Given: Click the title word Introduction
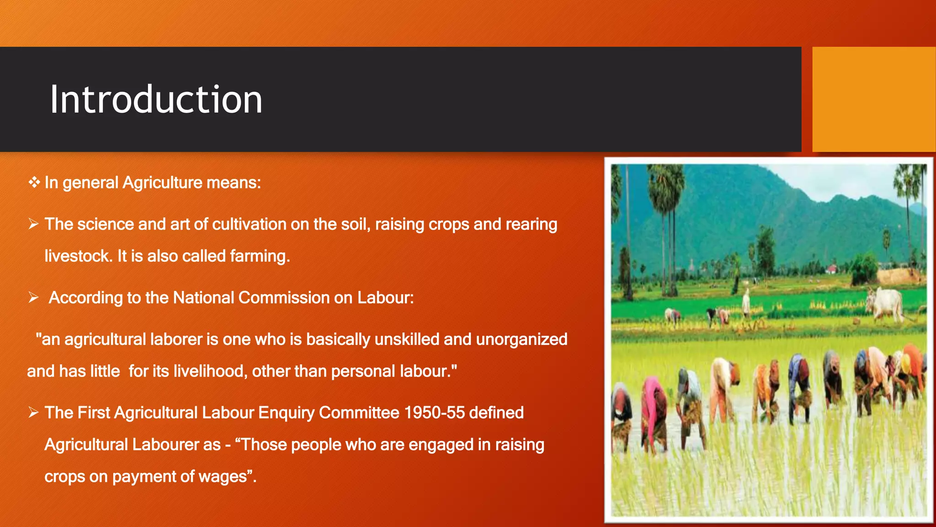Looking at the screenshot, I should pos(156,100).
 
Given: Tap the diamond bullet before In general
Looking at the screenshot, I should pos(34,183).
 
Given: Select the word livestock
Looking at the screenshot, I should pos(78,256).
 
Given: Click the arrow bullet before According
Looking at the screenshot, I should pos(33,298).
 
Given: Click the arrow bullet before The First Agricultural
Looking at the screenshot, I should pos(33,413).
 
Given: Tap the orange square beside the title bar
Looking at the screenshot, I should pos(873,99).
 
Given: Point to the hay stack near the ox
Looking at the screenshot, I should pos(898,276).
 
